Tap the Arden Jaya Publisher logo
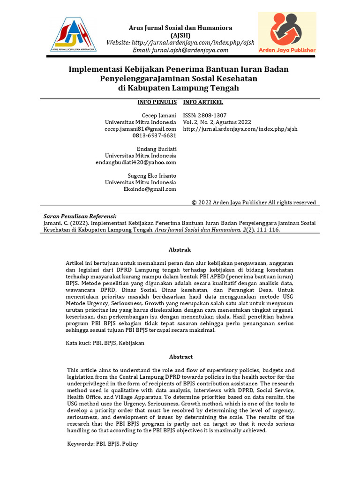(287, 33)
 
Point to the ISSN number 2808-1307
(205, 115)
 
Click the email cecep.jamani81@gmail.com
(141, 129)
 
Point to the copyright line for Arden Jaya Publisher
(254, 202)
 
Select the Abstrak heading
(180, 250)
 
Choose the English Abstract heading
(180, 357)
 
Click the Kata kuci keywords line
(105, 343)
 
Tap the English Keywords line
(103, 444)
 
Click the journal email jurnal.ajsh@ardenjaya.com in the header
(180, 50)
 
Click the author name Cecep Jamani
(159, 115)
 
